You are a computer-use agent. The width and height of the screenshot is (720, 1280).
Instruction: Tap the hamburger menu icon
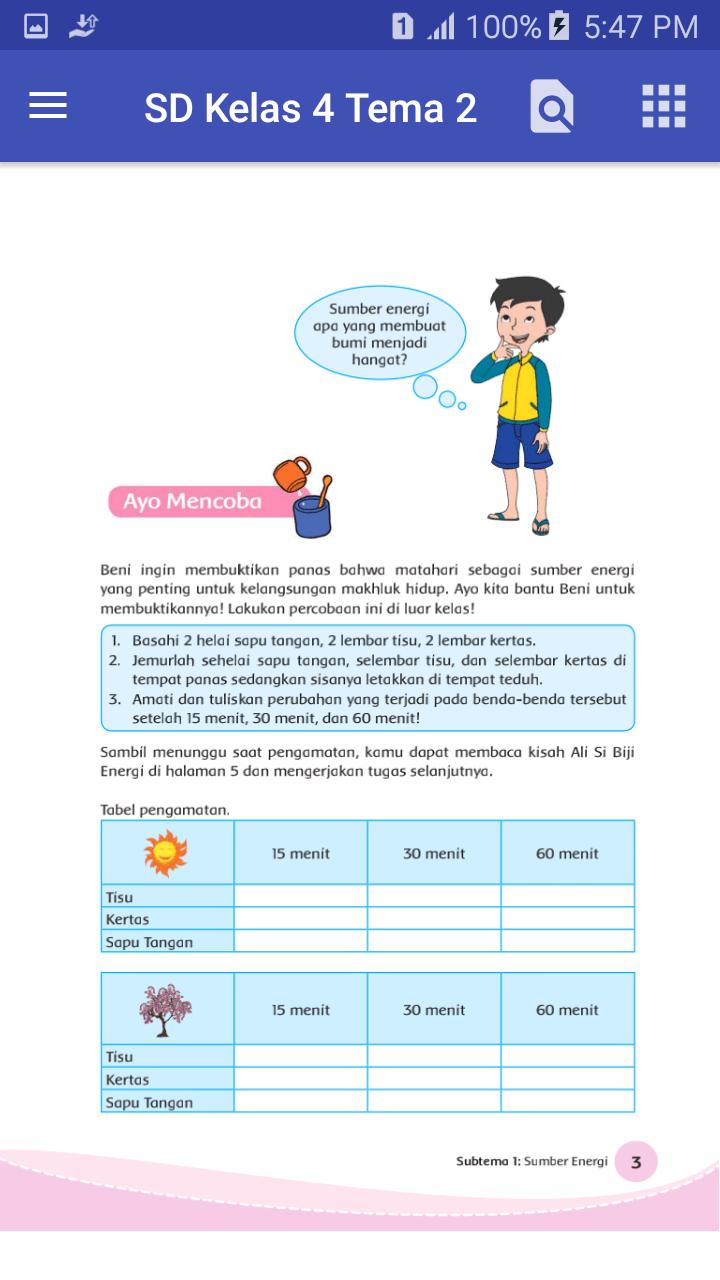click(x=48, y=106)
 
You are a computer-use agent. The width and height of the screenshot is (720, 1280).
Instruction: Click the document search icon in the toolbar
click(x=552, y=106)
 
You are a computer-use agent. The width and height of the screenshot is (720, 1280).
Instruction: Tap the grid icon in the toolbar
click(x=663, y=106)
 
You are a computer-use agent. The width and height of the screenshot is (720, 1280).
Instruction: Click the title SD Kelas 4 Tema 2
click(x=310, y=108)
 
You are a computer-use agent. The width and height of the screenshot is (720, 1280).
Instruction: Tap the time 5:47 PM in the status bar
click(x=641, y=27)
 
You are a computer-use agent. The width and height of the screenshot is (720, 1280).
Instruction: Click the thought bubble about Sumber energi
click(x=379, y=333)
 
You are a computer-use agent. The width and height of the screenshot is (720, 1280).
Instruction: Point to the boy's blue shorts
click(x=521, y=444)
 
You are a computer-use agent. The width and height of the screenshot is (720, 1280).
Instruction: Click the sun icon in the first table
click(x=166, y=853)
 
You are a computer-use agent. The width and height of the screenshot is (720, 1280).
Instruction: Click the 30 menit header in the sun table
click(x=434, y=853)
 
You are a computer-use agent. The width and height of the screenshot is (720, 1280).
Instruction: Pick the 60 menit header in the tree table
click(x=567, y=1010)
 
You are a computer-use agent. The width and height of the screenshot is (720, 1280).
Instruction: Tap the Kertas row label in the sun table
click(x=127, y=919)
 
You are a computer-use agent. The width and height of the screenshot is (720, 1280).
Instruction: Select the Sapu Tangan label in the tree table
click(x=149, y=1102)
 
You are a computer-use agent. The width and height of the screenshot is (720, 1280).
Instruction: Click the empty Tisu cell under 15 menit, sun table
click(x=300, y=896)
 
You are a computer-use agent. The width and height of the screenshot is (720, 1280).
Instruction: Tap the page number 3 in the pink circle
click(x=636, y=1162)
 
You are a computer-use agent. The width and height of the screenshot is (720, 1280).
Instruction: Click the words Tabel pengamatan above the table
click(x=165, y=809)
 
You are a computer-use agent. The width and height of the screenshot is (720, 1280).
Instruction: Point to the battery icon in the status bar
click(x=560, y=27)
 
